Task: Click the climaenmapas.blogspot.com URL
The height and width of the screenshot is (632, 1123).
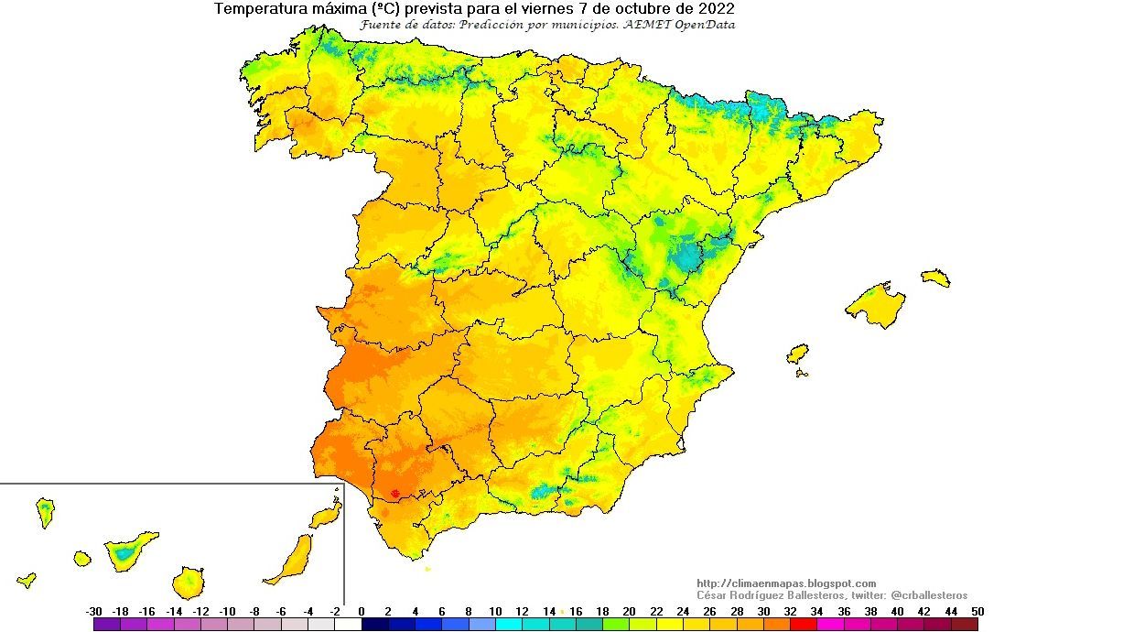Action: point(786,583)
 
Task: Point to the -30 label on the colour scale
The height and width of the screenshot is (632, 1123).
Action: point(93,612)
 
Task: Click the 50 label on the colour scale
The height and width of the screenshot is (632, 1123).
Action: point(978,612)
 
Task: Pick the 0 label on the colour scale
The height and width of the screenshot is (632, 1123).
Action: point(362,612)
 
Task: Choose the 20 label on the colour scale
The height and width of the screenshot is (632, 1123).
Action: point(630,612)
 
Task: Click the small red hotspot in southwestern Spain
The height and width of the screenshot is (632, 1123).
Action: point(394,494)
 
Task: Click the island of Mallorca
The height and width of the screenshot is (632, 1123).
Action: point(877,305)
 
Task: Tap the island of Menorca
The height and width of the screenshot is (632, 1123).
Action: point(936,278)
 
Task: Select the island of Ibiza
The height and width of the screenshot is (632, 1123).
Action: point(798,354)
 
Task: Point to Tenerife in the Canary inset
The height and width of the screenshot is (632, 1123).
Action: point(129,550)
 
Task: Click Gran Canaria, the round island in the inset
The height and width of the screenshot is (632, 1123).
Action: point(189,582)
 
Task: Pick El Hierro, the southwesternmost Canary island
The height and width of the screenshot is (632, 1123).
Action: point(27,580)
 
